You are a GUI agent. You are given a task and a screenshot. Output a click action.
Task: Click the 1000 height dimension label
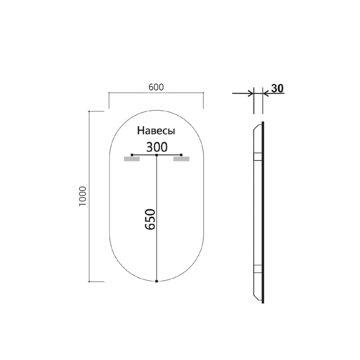pos(82,196)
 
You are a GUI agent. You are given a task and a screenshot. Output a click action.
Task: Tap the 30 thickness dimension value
pos(277,88)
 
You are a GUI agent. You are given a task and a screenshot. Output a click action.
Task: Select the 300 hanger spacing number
pos(157,147)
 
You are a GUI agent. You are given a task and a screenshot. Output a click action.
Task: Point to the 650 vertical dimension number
pos(150,219)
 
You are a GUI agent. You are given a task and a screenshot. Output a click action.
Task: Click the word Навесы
pos(156,131)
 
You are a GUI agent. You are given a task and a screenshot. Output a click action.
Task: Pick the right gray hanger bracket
pos(181,159)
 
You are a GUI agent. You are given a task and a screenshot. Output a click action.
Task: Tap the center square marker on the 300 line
pos(156,155)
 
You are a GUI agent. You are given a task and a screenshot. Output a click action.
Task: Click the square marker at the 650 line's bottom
pos(156,282)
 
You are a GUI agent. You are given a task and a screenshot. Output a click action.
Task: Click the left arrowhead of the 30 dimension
pos(250,94)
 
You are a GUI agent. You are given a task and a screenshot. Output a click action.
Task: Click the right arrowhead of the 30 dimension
pos(266,94)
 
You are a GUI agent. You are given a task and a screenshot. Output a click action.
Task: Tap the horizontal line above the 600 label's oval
pos(156,93)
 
